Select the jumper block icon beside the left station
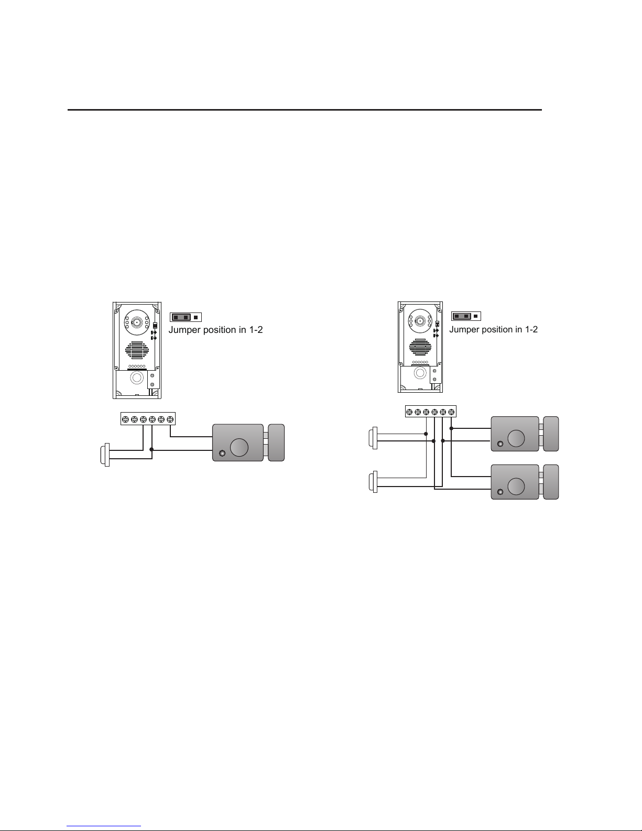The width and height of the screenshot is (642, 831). coord(186,317)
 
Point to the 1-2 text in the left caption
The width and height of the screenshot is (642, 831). coord(254,330)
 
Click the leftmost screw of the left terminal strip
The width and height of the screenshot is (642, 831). coord(125,419)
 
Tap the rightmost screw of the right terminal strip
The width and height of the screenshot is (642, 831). coord(451,412)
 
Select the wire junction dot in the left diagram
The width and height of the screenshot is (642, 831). coord(151,449)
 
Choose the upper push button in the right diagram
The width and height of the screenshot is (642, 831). coord(373,438)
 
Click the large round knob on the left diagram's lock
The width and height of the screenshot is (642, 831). coord(240,447)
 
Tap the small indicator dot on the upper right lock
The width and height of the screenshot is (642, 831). coord(499,444)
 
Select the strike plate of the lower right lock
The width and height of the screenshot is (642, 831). coord(551,481)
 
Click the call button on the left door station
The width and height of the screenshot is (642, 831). coord(137,378)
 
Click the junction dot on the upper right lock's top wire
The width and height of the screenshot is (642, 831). coord(451,428)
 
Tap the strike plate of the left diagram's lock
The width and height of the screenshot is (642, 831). coord(276,443)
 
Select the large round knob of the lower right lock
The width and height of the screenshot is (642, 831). coord(516,486)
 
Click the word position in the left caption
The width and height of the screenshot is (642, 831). coord(219,330)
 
